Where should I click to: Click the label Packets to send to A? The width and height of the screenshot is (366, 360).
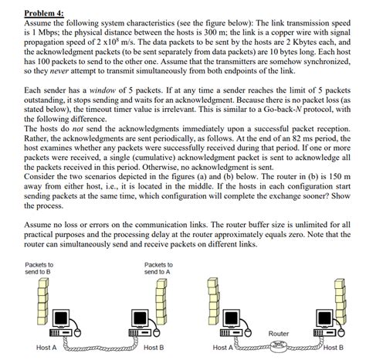point(158,269)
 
